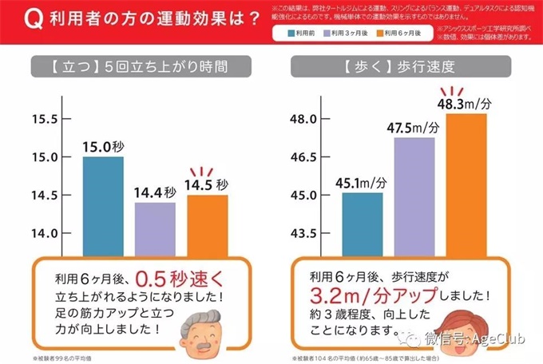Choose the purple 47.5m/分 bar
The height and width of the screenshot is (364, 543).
pos(414,196)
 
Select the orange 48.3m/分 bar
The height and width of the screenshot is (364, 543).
pos(466,184)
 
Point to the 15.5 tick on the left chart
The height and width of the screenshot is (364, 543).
pos(45,120)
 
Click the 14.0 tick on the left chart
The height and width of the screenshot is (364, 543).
pos(45,233)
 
